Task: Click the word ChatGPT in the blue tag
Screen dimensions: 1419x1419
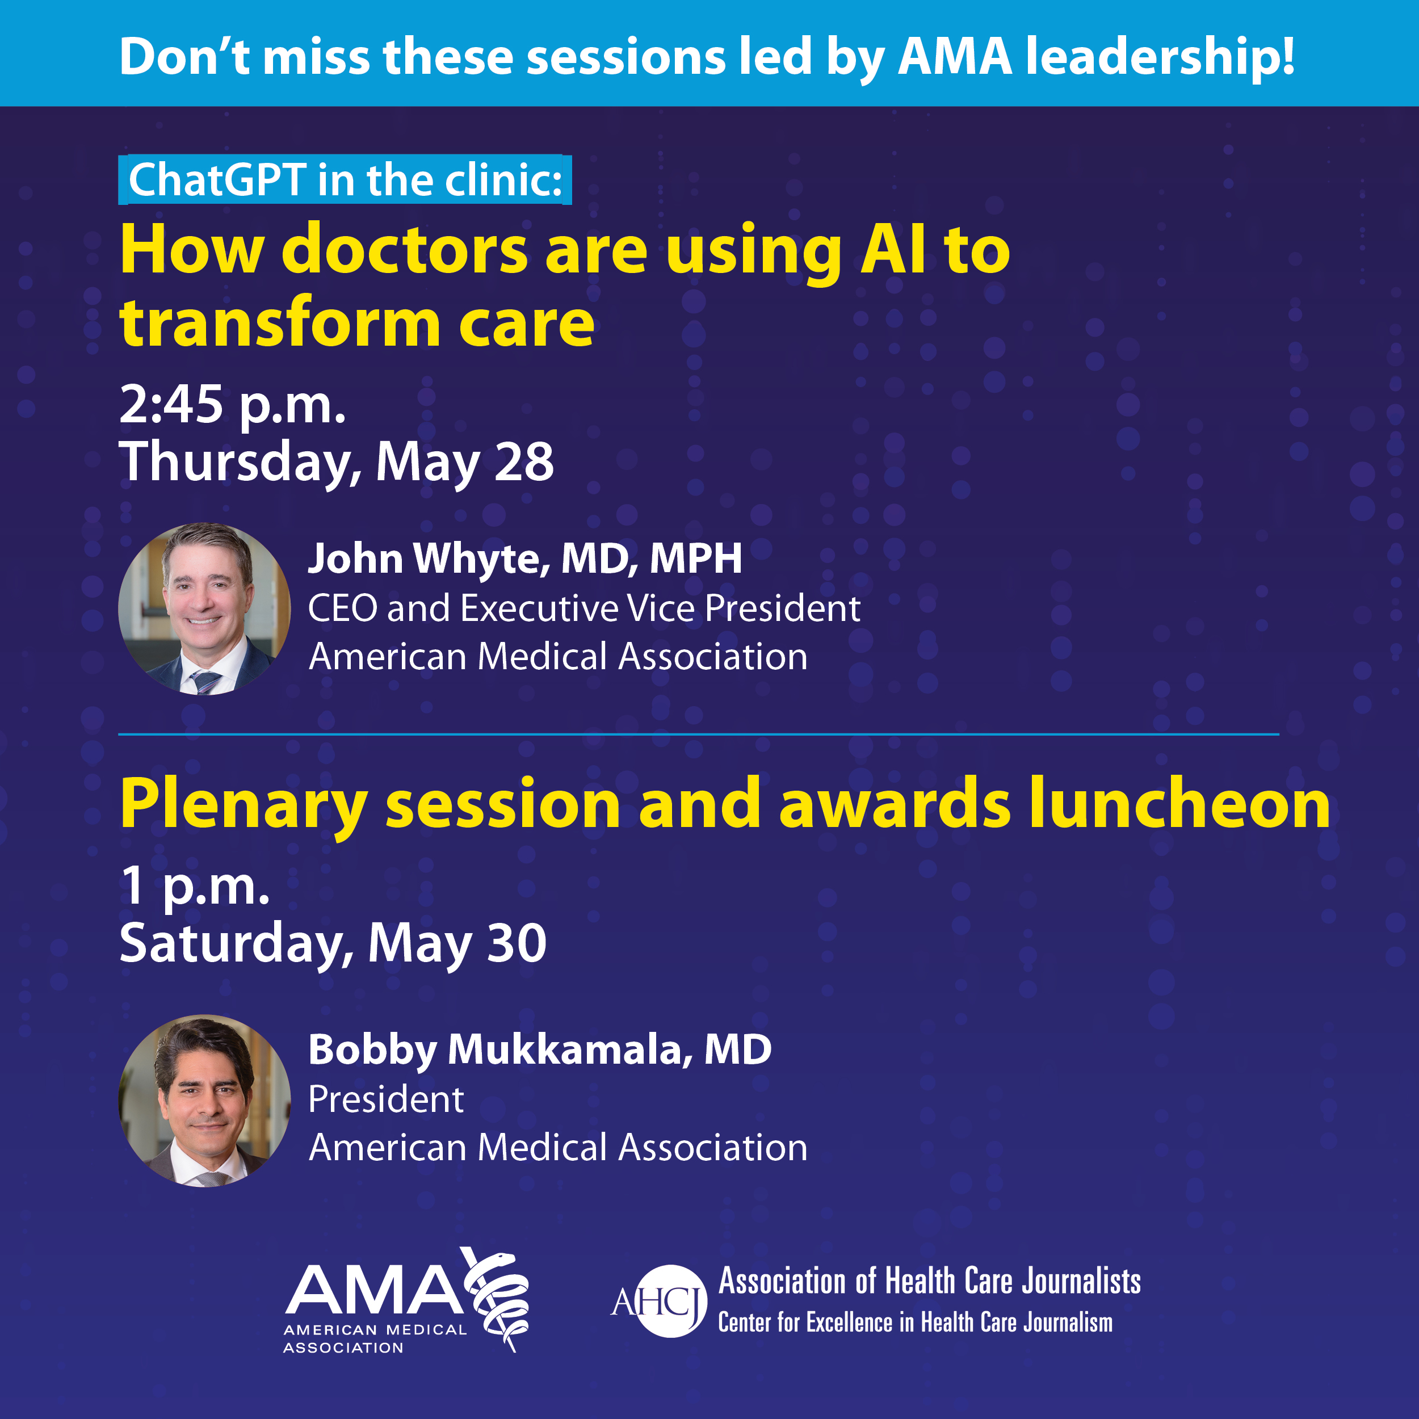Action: (x=217, y=180)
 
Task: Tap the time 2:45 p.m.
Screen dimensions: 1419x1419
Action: (x=232, y=405)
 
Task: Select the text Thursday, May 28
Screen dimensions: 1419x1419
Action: (x=337, y=462)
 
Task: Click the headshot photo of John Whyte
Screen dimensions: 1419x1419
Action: (x=204, y=609)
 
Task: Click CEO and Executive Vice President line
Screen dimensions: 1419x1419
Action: (x=583, y=608)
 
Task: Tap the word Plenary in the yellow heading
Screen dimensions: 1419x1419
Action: (x=243, y=805)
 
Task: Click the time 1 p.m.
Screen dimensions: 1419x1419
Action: (x=195, y=886)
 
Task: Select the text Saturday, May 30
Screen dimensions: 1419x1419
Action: (x=333, y=943)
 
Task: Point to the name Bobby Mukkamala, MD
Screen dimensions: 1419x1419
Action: (x=539, y=1049)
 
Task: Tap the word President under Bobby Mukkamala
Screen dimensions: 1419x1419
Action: (x=385, y=1099)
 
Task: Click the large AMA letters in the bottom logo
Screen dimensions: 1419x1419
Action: (x=375, y=1290)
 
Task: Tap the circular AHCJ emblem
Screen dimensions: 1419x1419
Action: (x=669, y=1301)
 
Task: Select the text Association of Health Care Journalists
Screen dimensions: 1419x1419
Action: (x=929, y=1281)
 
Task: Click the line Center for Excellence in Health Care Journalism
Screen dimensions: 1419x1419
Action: (x=914, y=1323)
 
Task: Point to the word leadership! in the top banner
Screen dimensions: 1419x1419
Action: (x=1160, y=57)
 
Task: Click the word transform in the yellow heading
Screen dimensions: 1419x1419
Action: (x=280, y=323)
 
